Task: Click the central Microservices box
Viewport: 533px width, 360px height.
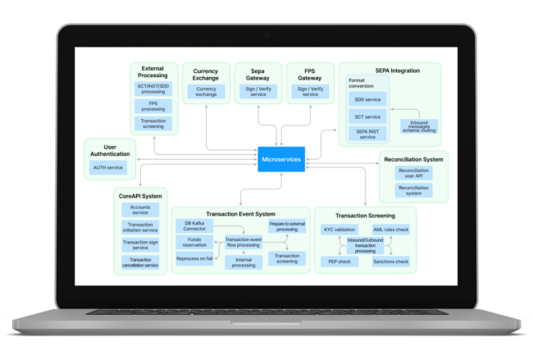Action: (x=280, y=159)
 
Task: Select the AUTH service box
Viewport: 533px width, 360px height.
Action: (x=108, y=167)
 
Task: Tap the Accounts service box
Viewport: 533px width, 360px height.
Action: (x=140, y=211)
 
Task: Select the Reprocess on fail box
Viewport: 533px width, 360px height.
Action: (x=194, y=258)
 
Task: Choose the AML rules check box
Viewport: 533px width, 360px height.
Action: (x=389, y=230)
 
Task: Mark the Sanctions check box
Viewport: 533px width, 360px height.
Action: (x=390, y=262)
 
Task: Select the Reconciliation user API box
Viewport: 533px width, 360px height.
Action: (x=413, y=173)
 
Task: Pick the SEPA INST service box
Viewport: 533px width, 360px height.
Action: (x=367, y=134)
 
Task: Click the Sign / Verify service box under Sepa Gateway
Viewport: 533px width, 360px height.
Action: (x=259, y=91)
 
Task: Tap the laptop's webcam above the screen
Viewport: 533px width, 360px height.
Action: (x=266, y=34)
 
